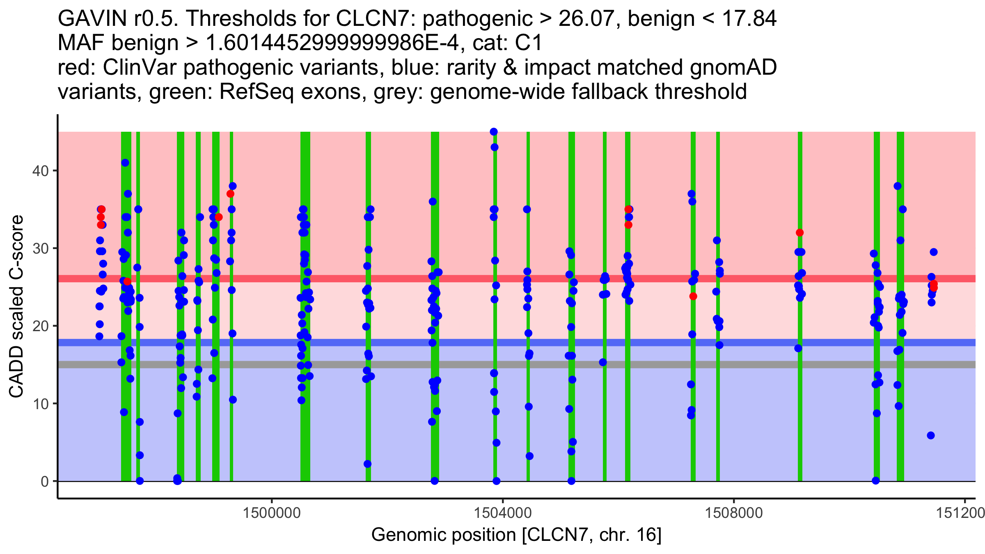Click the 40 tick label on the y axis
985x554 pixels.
click(x=40, y=171)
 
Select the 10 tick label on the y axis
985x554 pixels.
click(x=40, y=404)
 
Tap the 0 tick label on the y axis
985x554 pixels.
click(x=44, y=481)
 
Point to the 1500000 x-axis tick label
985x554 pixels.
click(x=272, y=513)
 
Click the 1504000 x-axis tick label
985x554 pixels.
click(x=502, y=513)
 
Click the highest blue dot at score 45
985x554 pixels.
click(x=494, y=132)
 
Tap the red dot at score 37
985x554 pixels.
click(x=230, y=194)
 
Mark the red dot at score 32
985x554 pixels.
click(x=799, y=233)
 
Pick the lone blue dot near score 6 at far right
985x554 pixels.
click(x=931, y=435)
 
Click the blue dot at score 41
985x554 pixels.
click(x=125, y=163)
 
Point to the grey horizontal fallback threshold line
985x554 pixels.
click(x=410, y=364)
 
